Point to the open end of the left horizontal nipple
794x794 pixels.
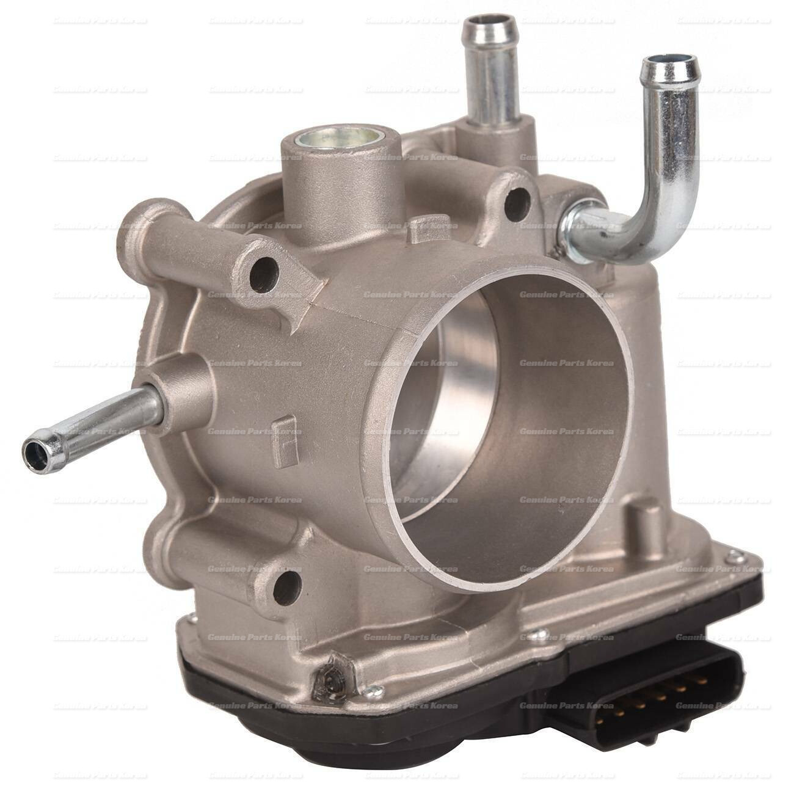click(x=32, y=451)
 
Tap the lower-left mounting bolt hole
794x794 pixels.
click(x=290, y=580)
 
